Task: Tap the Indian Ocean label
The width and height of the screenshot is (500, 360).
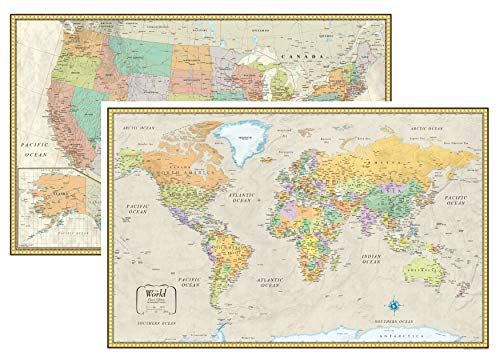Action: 382,237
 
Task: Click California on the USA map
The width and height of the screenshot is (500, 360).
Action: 70,115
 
